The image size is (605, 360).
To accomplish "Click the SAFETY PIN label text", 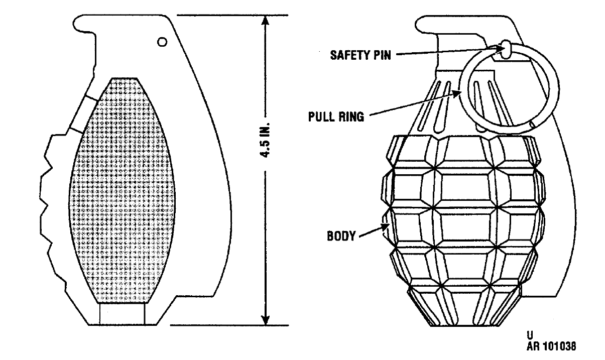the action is (x=360, y=55).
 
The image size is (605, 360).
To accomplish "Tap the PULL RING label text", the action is (x=336, y=117).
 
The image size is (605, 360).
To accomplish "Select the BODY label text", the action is (x=341, y=236).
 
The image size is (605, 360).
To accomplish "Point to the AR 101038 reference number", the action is (x=551, y=346).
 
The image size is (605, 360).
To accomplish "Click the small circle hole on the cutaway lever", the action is (x=162, y=42).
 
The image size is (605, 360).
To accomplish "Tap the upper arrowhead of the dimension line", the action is (x=266, y=21).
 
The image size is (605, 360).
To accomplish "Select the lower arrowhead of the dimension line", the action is (x=266, y=320).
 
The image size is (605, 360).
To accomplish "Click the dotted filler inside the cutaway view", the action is (x=122, y=190).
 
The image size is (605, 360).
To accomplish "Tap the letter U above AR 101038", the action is (x=530, y=335).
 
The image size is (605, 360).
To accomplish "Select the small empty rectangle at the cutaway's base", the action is (x=122, y=313).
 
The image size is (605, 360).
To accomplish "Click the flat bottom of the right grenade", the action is (x=464, y=325).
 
